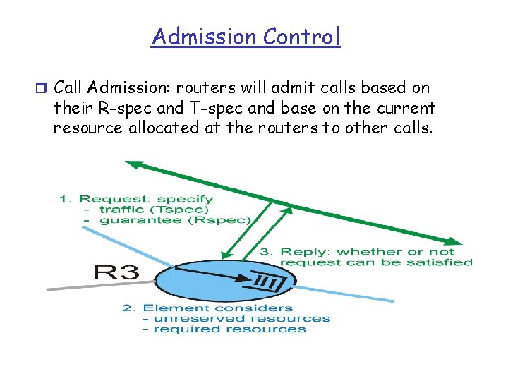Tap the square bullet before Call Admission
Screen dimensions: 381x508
coord(40,89)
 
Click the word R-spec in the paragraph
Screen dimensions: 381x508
coord(116,109)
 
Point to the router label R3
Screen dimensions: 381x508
coord(117,271)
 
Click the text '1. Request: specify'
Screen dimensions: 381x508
coord(135,199)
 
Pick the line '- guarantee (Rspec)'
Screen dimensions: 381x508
coord(167,220)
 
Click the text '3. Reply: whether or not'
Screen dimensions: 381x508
coord(357,252)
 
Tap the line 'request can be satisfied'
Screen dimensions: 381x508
coord(376,262)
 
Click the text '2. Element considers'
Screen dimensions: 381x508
coord(207,308)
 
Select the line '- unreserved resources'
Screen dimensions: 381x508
coord(236,318)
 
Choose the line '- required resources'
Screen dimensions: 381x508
coord(224,329)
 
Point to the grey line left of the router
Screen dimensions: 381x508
coord(99,284)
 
